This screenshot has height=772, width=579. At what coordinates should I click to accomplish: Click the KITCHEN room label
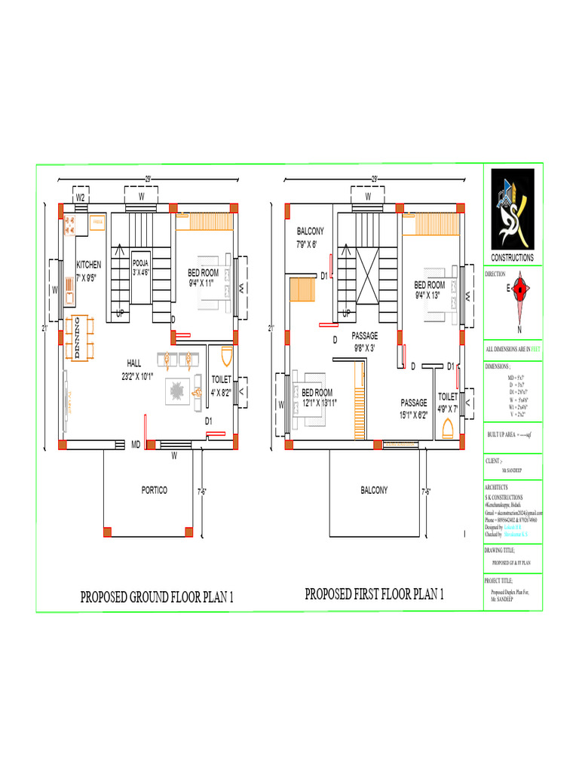[x=88, y=265]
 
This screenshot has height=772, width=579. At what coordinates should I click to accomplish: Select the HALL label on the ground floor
[x=134, y=363]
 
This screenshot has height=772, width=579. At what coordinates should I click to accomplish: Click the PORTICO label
[x=155, y=490]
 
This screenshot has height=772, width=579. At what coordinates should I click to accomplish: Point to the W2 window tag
[x=80, y=197]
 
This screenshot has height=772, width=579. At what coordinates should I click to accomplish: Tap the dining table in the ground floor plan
[x=78, y=337]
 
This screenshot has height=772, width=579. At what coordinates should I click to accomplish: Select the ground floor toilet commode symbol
[x=223, y=357]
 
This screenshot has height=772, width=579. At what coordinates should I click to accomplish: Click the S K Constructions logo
[x=513, y=209]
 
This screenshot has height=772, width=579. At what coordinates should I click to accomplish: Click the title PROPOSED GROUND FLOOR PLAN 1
[x=158, y=598]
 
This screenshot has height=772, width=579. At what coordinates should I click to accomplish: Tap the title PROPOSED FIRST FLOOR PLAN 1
[x=374, y=594]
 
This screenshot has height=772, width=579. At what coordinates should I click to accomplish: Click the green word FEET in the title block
[x=536, y=349]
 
